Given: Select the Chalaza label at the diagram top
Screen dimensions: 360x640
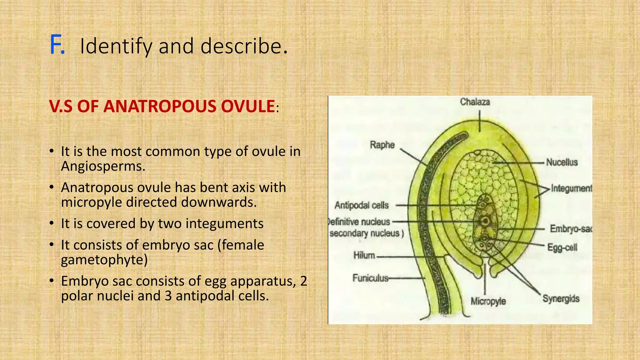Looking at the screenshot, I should [x=475, y=102].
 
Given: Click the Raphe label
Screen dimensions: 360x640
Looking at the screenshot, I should [x=382, y=145].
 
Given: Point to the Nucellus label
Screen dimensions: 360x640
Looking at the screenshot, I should [x=562, y=162].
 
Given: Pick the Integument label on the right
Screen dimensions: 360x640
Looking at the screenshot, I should [x=571, y=188].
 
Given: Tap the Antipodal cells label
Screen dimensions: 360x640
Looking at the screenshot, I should [x=362, y=205].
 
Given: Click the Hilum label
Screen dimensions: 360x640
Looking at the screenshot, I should [x=364, y=256].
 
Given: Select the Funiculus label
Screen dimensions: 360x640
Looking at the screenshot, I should [x=370, y=278].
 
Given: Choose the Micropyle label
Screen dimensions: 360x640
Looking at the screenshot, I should [x=488, y=302].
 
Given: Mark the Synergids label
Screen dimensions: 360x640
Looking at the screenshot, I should [x=561, y=299].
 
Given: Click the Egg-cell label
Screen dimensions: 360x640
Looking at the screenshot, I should [x=562, y=248].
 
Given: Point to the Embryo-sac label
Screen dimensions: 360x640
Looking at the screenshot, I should [x=571, y=229].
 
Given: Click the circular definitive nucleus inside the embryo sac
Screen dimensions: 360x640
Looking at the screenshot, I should [x=485, y=221].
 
